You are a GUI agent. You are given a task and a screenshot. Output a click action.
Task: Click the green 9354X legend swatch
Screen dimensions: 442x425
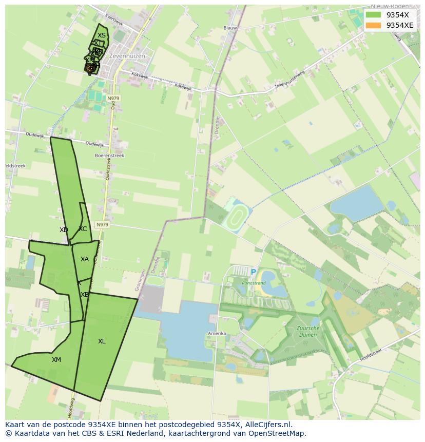[373, 15]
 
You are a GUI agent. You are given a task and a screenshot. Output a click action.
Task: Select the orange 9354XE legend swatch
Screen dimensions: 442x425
[373, 25]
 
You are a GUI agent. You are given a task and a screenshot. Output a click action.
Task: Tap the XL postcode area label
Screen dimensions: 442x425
[102, 341]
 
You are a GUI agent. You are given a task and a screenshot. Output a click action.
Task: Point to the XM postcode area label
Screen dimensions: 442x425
[56, 360]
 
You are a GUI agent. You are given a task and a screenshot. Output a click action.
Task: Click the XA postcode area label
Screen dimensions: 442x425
[85, 259]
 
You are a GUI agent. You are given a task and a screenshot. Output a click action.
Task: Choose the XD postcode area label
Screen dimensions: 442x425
[64, 230]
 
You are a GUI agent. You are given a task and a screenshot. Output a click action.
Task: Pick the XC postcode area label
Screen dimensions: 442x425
[83, 229]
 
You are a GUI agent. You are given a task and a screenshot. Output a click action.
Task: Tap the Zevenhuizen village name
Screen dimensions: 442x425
[127, 56]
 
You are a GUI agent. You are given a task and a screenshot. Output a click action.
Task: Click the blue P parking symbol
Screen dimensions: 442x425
[253, 273]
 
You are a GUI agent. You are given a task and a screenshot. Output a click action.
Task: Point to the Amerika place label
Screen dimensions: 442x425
[217, 334]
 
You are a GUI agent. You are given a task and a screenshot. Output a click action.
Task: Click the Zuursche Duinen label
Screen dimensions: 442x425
[307, 331]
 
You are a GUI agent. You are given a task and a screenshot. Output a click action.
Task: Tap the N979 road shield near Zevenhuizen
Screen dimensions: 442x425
[113, 98]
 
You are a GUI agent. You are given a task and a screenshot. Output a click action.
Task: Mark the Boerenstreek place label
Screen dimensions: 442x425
[109, 156]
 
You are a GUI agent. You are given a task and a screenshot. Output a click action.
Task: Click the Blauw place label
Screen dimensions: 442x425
[230, 28]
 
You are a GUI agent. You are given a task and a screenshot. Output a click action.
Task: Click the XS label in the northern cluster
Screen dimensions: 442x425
[102, 35]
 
